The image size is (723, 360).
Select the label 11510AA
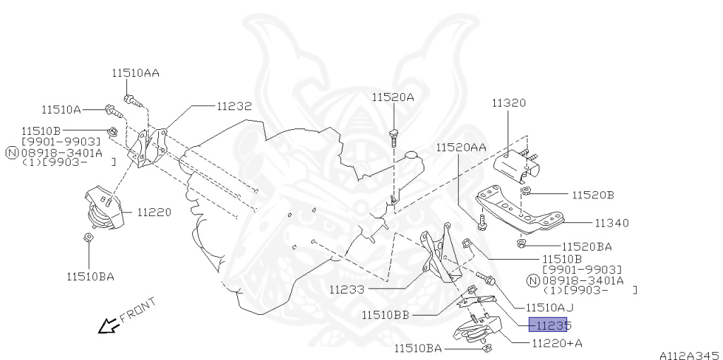tap(136, 73)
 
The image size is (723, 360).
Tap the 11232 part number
tap(234, 106)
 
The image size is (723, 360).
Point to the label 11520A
tap(393, 97)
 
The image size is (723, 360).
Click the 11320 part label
tap(508, 103)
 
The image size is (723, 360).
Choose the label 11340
tap(611, 223)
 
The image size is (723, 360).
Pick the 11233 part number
tap(347, 290)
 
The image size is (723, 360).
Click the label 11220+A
tap(557, 343)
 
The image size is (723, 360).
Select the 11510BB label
tap(386, 316)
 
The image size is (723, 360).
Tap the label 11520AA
tap(461, 148)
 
